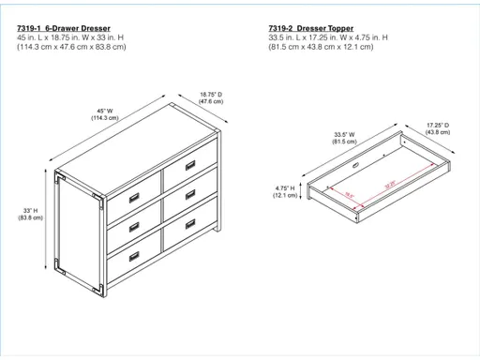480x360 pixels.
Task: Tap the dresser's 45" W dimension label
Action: click(103, 113)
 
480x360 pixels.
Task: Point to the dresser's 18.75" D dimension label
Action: click(210, 97)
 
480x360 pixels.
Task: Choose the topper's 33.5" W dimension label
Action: click(346, 139)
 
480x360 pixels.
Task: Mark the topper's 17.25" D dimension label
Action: click(438, 128)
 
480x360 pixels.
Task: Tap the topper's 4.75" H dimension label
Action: click(286, 192)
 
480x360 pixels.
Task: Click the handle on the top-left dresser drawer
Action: click(134, 197)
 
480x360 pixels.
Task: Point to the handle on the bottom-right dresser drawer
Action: click(189, 224)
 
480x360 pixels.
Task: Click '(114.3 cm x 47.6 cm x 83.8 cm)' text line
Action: click(72, 48)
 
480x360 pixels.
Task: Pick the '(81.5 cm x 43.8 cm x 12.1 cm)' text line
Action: click(321, 48)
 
